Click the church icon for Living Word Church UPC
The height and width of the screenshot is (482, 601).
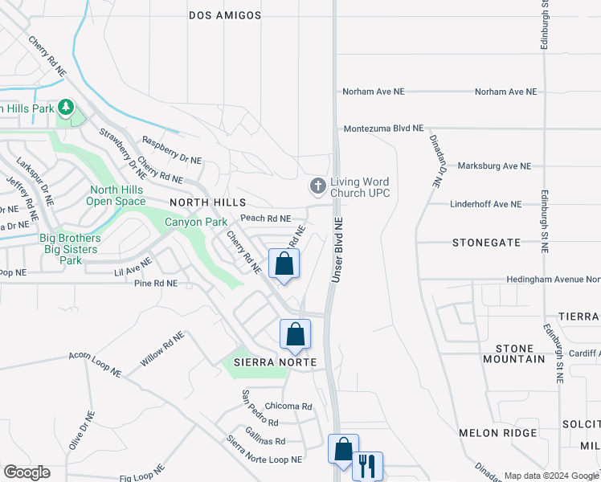pyautogui.click(x=318, y=186)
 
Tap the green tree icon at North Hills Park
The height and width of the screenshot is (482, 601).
pyautogui.click(x=66, y=108)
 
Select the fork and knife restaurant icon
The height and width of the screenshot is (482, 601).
pyautogui.click(x=367, y=466)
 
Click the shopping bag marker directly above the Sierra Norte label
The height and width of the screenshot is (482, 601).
pyautogui.click(x=295, y=334)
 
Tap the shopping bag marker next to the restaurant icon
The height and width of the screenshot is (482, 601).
pyautogui.click(x=343, y=450)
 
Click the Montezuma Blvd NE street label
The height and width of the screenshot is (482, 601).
pyautogui.click(x=383, y=129)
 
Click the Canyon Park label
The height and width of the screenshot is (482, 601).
pyautogui.click(x=196, y=222)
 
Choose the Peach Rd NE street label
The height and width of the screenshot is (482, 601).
pyautogui.click(x=265, y=219)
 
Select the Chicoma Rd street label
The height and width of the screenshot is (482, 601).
pyautogui.click(x=288, y=406)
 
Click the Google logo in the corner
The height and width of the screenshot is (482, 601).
pyautogui.click(x=27, y=472)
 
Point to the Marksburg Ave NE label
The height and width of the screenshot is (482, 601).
pyautogui.click(x=494, y=166)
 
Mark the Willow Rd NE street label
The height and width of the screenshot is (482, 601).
pyautogui.click(x=163, y=349)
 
